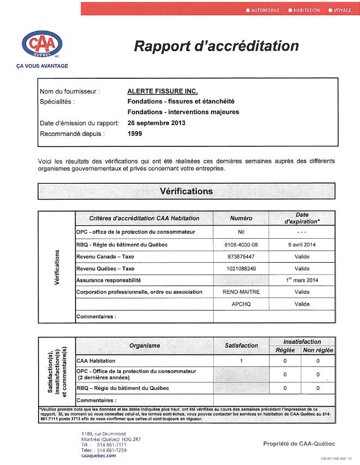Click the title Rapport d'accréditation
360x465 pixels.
point(216,46)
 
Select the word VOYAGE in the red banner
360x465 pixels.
point(343,10)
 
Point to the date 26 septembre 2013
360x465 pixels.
point(156,123)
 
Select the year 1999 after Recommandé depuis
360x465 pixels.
point(134,133)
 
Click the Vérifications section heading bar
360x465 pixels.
point(187,191)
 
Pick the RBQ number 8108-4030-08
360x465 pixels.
point(241,245)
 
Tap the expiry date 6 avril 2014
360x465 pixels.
point(302,245)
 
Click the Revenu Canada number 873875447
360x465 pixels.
point(241,257)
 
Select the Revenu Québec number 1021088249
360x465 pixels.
point(241,269)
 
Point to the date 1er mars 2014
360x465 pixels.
point(302,280)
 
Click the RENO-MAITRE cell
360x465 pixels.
point(241,292)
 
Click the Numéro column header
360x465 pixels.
point(241,218)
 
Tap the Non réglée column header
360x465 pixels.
point(318,350)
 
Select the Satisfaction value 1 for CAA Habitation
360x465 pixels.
point(241,361)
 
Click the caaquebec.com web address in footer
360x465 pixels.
point(98,456)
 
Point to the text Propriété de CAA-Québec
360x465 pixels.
point(299,444)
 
